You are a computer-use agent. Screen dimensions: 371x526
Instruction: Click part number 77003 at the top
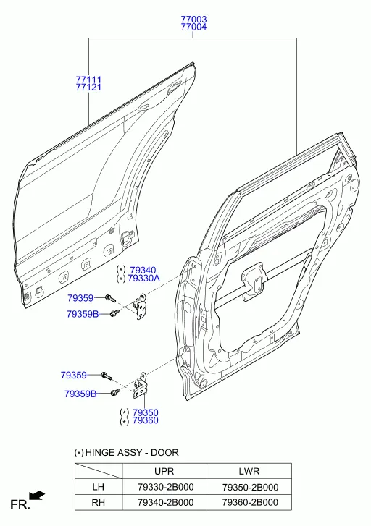(193, 20)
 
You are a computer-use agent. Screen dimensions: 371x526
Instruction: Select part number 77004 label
(193, 27)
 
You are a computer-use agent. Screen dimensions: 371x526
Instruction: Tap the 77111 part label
(88, 80)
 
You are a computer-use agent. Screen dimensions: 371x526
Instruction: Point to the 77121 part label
(88, 88)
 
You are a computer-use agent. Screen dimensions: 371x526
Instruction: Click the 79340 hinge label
(143, 270)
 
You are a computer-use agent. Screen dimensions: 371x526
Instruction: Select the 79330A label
(143, 278)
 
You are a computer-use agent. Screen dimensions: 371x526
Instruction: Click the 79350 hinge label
(145, 412)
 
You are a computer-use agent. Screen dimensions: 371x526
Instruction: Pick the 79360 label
(145, 420)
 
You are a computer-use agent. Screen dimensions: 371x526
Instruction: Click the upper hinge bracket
(140, 306)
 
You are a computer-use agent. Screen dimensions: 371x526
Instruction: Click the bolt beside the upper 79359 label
(110, 297)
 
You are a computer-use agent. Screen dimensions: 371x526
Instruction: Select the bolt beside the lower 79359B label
(115, 392)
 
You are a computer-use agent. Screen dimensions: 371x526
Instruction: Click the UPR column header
(164, 471)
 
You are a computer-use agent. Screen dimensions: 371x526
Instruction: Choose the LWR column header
(249, 471)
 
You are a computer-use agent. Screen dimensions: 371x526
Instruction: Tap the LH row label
(98, 487)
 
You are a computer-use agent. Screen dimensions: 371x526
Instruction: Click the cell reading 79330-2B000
(166, 487)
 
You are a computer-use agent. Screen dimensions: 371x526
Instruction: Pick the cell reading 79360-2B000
(250, 502)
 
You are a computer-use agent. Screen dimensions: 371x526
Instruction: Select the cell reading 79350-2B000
(250, 487)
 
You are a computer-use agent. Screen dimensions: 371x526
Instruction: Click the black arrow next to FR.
(37, 496)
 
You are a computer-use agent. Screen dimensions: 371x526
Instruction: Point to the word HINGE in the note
(100, 452)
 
